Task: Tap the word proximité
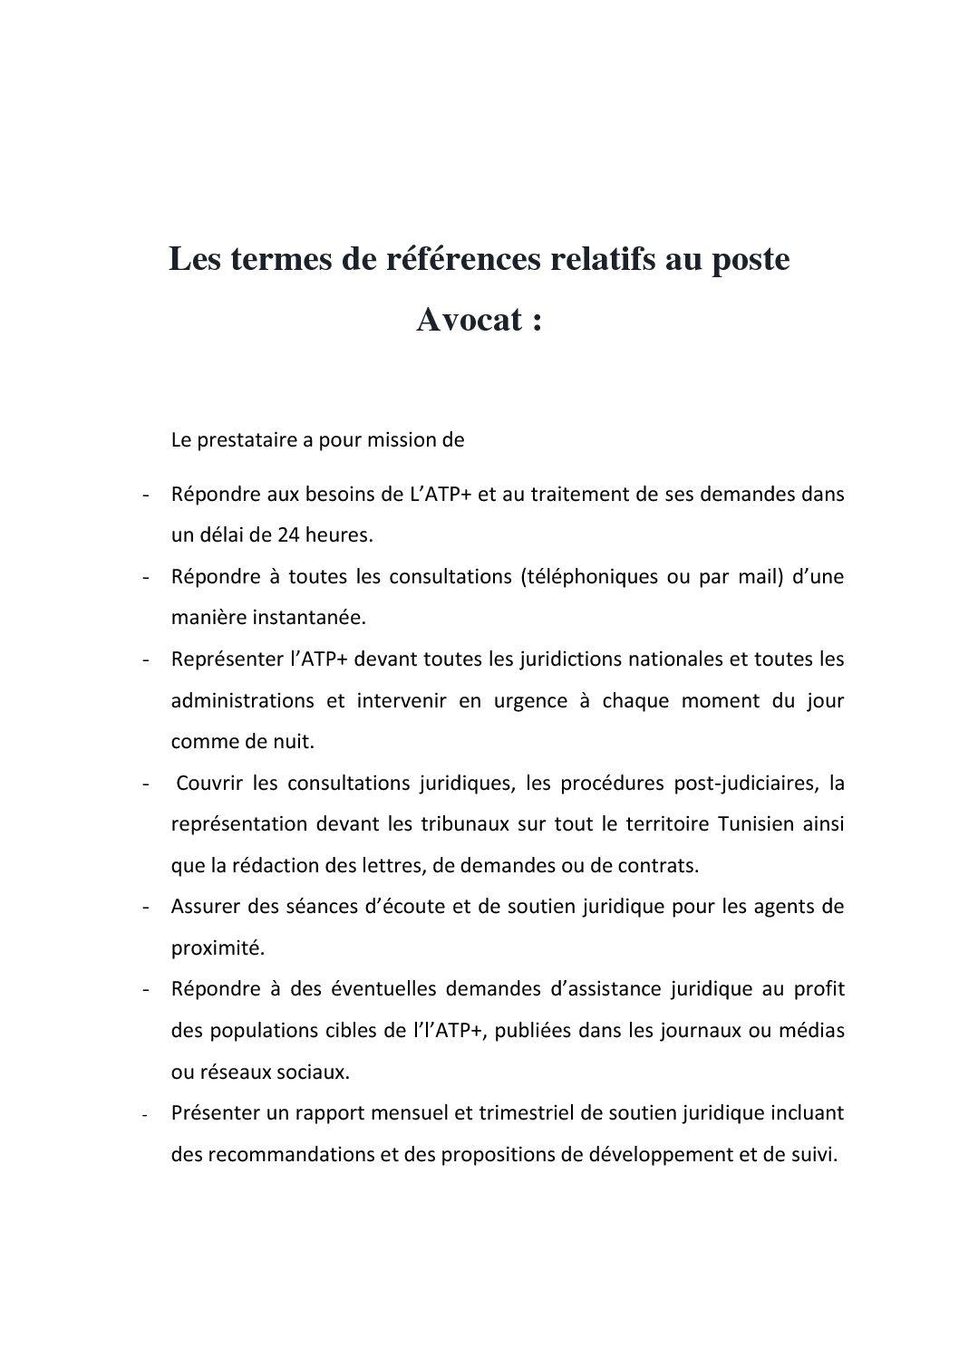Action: (217, 948)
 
